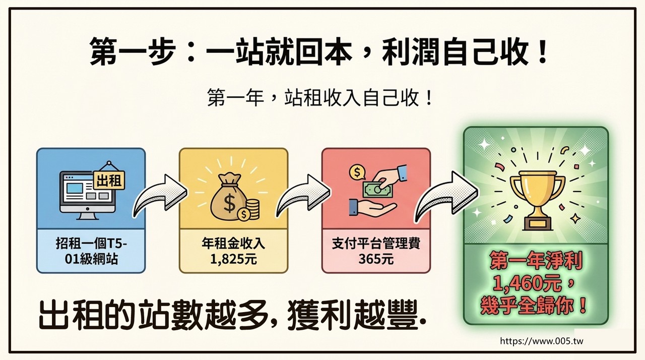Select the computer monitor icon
click(x=87, y=195)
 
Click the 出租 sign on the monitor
click(x=109, y=180)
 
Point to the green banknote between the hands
click(x=378, y=189)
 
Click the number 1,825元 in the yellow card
click(x=233, y=259)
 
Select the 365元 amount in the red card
click(x=376, y=259)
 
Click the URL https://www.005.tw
click(x=542, y=341)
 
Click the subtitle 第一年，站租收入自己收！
click(x=319, y=98)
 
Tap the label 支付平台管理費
click(x=376, y=244)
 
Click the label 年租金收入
click(x=233, y=244)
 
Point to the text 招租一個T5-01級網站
click(x=91, y=251)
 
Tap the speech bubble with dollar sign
click(x=357, y=172)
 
